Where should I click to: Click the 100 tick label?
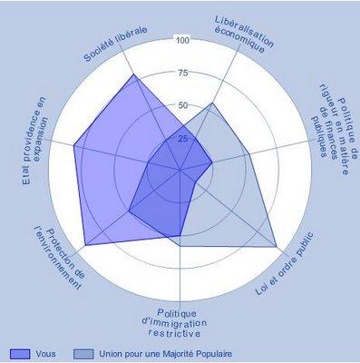[182, 41]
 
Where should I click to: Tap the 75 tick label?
[182, 74]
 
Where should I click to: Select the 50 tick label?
[182, 106]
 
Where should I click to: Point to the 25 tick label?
[182, 139]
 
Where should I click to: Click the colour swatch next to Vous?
[20, 352]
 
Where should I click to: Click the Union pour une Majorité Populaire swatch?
[83, 352]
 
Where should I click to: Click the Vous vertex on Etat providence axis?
[73, 144]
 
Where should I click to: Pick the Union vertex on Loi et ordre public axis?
[277, 246]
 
